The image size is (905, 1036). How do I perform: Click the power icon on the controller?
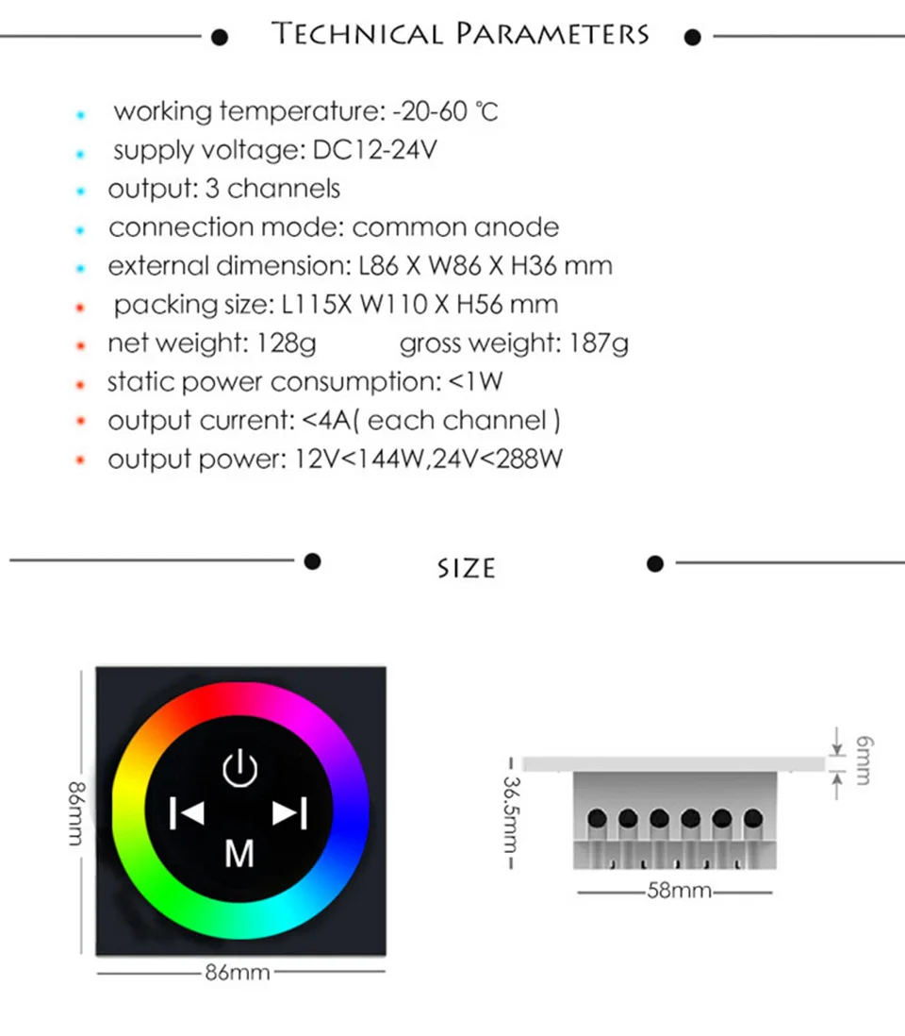239,769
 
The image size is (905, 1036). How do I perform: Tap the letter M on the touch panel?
239,853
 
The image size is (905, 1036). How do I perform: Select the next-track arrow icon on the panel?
289,812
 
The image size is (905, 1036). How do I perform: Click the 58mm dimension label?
679,890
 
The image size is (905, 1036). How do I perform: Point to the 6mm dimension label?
864,760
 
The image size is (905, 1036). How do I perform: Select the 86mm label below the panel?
238,972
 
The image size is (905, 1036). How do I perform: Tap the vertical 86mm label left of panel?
78,812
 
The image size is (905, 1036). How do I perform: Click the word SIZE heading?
466,568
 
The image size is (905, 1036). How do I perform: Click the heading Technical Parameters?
461,35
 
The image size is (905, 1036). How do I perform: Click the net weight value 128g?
287,343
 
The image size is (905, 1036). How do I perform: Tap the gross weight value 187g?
599,343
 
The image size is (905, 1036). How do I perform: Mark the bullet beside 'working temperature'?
81,114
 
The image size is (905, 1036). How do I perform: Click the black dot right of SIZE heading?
656,563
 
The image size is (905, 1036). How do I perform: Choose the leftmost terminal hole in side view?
597,818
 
